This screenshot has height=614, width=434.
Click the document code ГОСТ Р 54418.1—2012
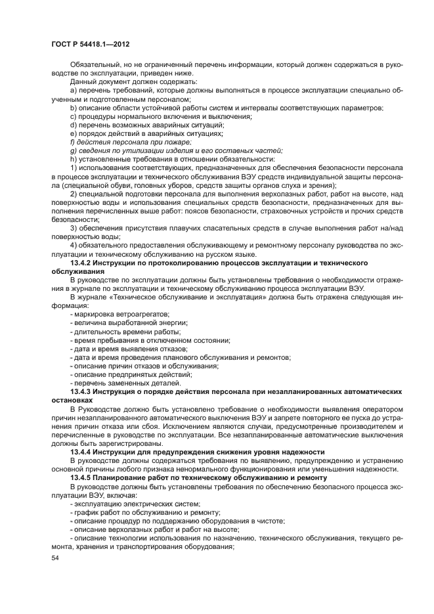pos(89,44)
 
